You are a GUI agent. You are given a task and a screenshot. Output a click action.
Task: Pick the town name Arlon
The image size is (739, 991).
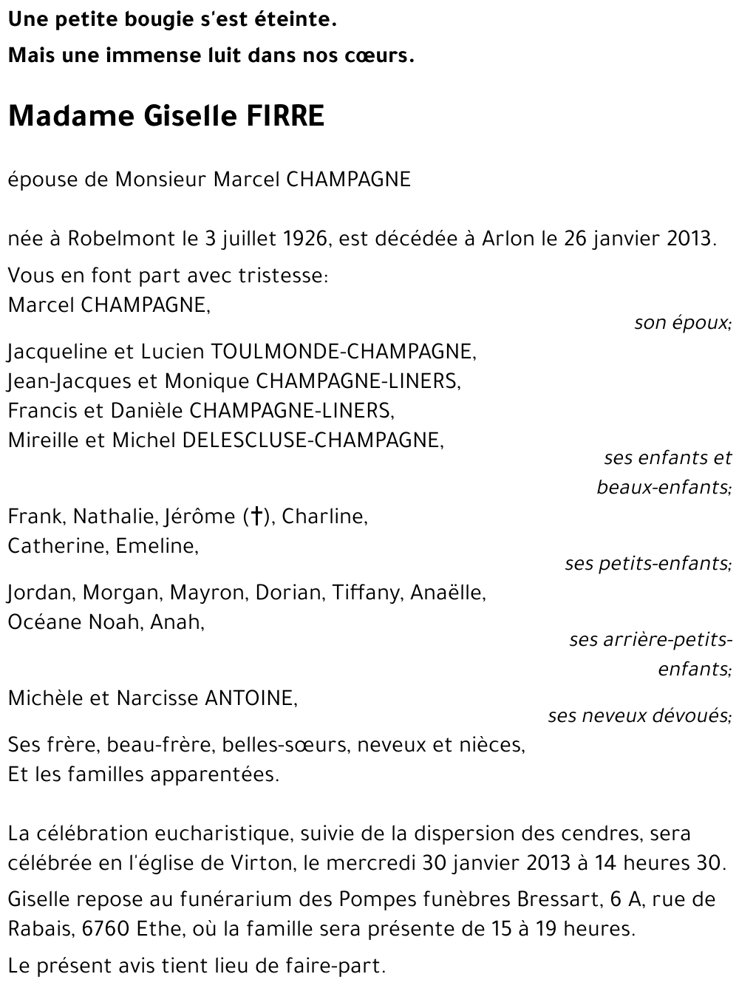click(x=508, y=239)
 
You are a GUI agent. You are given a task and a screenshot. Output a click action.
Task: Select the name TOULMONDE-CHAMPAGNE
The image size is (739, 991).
click(x=344, y=351)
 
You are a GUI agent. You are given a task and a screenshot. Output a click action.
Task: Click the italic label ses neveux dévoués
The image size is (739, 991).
click(x=639, y=715)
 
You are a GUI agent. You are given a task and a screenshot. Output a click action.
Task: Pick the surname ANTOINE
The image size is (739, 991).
click(x=251, y=698)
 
